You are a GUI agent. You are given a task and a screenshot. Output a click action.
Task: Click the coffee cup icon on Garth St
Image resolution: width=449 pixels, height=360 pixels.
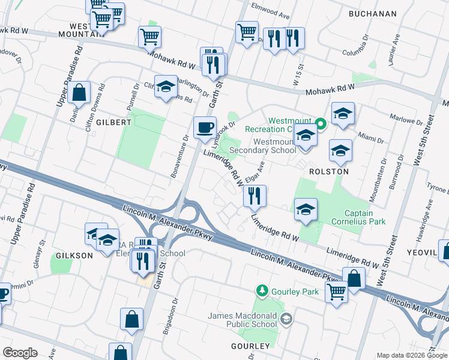tap(205, 127)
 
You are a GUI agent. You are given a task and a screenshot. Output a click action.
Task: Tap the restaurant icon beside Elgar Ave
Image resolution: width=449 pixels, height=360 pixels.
tap(255, 195)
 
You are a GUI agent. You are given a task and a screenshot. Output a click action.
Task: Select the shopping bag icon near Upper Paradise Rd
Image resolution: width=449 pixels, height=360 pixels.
tap(79, 92)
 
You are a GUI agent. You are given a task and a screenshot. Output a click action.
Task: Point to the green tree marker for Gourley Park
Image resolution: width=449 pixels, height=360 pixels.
tap(262, 291)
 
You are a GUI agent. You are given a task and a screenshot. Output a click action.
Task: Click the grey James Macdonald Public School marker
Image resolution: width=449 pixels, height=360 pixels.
tap(285, 318)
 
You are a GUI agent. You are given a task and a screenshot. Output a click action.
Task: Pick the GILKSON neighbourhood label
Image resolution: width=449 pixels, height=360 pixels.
tap(75, 256)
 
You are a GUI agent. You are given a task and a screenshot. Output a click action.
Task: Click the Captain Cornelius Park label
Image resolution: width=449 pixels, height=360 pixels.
tap(367, 217)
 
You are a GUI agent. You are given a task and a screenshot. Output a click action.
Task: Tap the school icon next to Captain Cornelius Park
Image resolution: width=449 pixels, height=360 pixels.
tap(306, 209)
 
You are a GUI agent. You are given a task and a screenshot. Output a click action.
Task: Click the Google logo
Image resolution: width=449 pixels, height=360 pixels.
tap(20, 353)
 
